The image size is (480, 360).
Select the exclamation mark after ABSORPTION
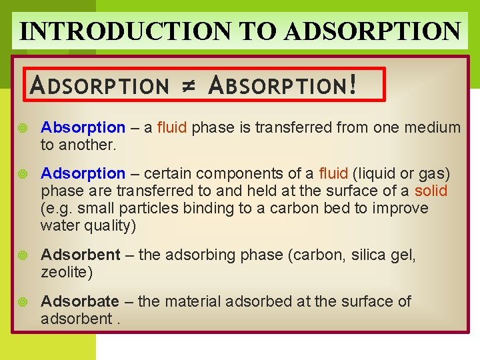pyautogui.click(x=352, y=85)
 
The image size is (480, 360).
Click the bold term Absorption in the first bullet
pyautogui.click(x=83, y=127)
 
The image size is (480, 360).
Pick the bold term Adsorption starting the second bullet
pyautogui.click(x=83, y=174)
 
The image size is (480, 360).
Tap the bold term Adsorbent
pyautogui.click(x=81, y=255)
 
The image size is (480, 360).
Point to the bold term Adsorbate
pyautogui.click(x=80, y=301)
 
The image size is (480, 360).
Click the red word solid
pyautogui.click(x=431, y=191)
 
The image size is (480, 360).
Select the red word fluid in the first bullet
pyautogui.click(x=172, y=127)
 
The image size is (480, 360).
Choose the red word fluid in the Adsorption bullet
pyautogui.click(x=333, y=174)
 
